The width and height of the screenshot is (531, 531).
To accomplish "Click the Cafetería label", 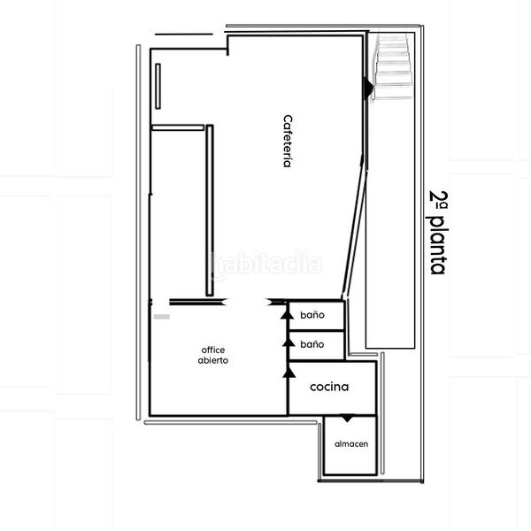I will [288, 142].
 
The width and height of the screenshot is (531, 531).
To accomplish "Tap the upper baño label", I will [312, 315].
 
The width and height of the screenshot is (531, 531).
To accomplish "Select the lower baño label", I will [312, 343].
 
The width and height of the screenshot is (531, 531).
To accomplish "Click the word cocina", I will [329, 387].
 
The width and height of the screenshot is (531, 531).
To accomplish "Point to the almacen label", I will [351, 443].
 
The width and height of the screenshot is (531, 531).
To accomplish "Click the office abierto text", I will [213, 355].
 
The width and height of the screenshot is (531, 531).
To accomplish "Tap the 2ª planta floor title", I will [438, 232].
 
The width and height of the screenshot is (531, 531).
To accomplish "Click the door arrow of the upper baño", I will [286, 312].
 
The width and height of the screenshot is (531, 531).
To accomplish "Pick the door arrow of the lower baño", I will [286, 341].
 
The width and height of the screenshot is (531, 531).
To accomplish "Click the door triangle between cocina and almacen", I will [348, 418].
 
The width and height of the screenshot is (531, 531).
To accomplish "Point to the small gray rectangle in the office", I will [161, 316].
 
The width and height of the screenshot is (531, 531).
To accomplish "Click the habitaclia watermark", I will [265, 264].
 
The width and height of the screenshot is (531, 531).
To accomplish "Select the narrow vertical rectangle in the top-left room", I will [158, 87].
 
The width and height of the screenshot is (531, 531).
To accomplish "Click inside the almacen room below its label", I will [351, 462].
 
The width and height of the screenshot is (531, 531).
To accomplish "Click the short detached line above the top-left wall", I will [183, 34].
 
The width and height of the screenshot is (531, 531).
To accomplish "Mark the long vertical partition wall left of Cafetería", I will [210, 211].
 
